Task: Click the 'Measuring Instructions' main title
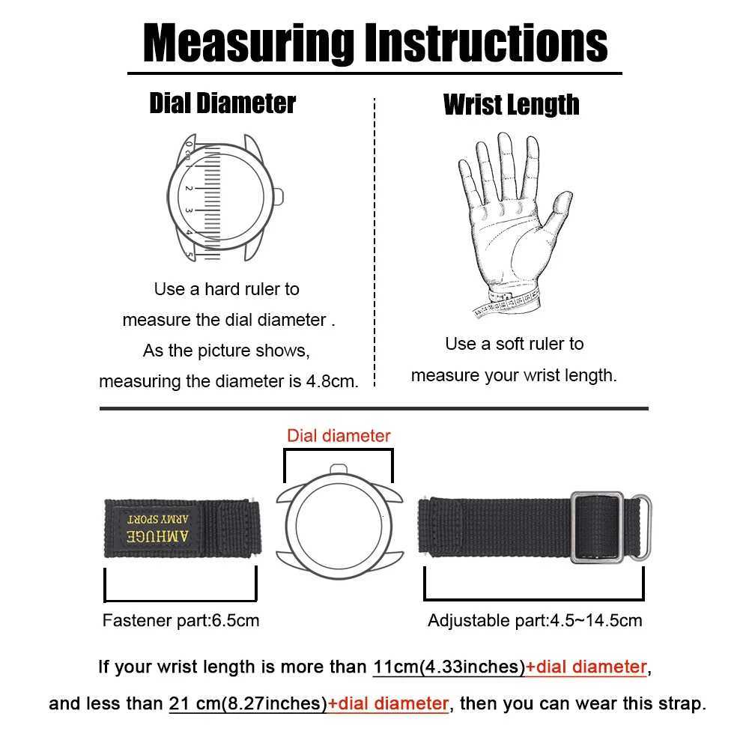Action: (x=374, y=43)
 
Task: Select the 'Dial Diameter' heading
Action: (x=222, y=103)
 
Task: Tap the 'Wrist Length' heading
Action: (x=511, y=104)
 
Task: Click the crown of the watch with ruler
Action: (x=279, y=197)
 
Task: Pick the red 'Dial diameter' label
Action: (x=339, y=436)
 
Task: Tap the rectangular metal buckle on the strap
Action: (x=597, y=527)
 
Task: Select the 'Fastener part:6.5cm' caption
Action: (x=181, y=620)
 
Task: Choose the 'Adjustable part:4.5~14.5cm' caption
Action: (x=535, y=620)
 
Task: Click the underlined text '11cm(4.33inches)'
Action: (x=449, y=667)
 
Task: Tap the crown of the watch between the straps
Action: (x=339, y=470)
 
